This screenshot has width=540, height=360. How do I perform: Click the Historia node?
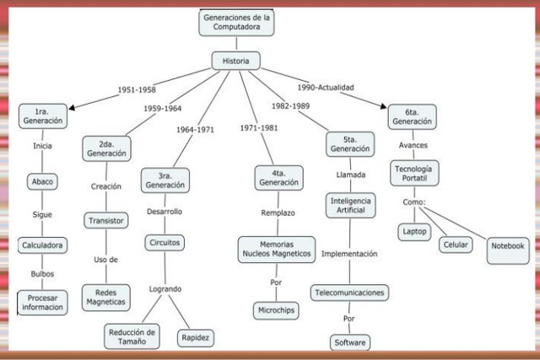pyautogui.click(x=235, y=62)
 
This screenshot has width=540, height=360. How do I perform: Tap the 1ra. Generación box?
pyautogui.click(x=43, y=116)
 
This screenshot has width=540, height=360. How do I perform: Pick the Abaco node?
pyautogui.click(x=42, y=181)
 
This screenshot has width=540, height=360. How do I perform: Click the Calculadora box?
pyautogui.click(x=42, y=245)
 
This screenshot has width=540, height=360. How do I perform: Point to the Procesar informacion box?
pyautogui.click(x=42, y=301)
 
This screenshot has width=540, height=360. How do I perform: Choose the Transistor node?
pyautogui.click(x=106, y=220)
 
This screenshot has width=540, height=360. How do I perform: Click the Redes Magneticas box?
pyautogui.click(x=105, y=296)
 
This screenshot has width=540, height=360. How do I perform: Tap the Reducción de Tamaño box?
pyautogui.click(x=132, y=336)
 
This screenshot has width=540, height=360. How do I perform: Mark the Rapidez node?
pyautogui.click(x=195, y=337)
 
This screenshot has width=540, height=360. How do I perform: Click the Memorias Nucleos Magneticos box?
pyautogui.click(x=276, y=248)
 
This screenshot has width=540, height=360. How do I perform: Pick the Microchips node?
pyautogui.click(x=277, y=310)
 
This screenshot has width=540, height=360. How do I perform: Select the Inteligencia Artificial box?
pyautogui.click(x=350, y=206)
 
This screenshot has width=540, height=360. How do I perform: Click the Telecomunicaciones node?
pyautogui.click(x=349, y=293)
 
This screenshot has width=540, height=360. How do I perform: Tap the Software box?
pyautogui.click(x=350, y=342)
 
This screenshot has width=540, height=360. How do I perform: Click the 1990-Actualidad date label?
pyautogui.click(x=325, y=87)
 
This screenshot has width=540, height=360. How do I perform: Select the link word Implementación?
pyautogui.click(x=349, y=253)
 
